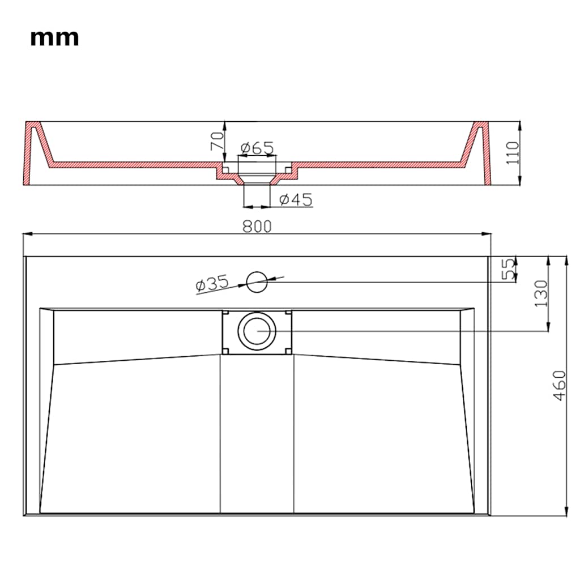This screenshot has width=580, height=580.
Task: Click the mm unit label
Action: pyautogui.click(x=54, y=38)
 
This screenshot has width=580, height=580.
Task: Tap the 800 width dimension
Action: pyautogui.click(x=257, y=227)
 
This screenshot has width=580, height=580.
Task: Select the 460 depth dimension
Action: pyautogui.click(x=560, y=385)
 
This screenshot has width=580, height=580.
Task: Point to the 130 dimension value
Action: pyautogui.click(x=541, y=293)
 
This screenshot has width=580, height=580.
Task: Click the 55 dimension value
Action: pyautogui.click(x=508, y=269)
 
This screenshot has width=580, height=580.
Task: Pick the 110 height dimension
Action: pyautogui.click(x=513, y=153)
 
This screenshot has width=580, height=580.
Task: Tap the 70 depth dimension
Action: pyautogui.click(x=217, y=141)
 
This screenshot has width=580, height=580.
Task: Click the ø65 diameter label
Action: pyautogui.click(x=257, y=148)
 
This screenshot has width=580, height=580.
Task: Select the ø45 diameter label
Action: pyautogui.click(x=296, y=199)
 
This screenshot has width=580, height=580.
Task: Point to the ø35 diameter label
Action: pyautogui.click(x=212, y=283)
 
